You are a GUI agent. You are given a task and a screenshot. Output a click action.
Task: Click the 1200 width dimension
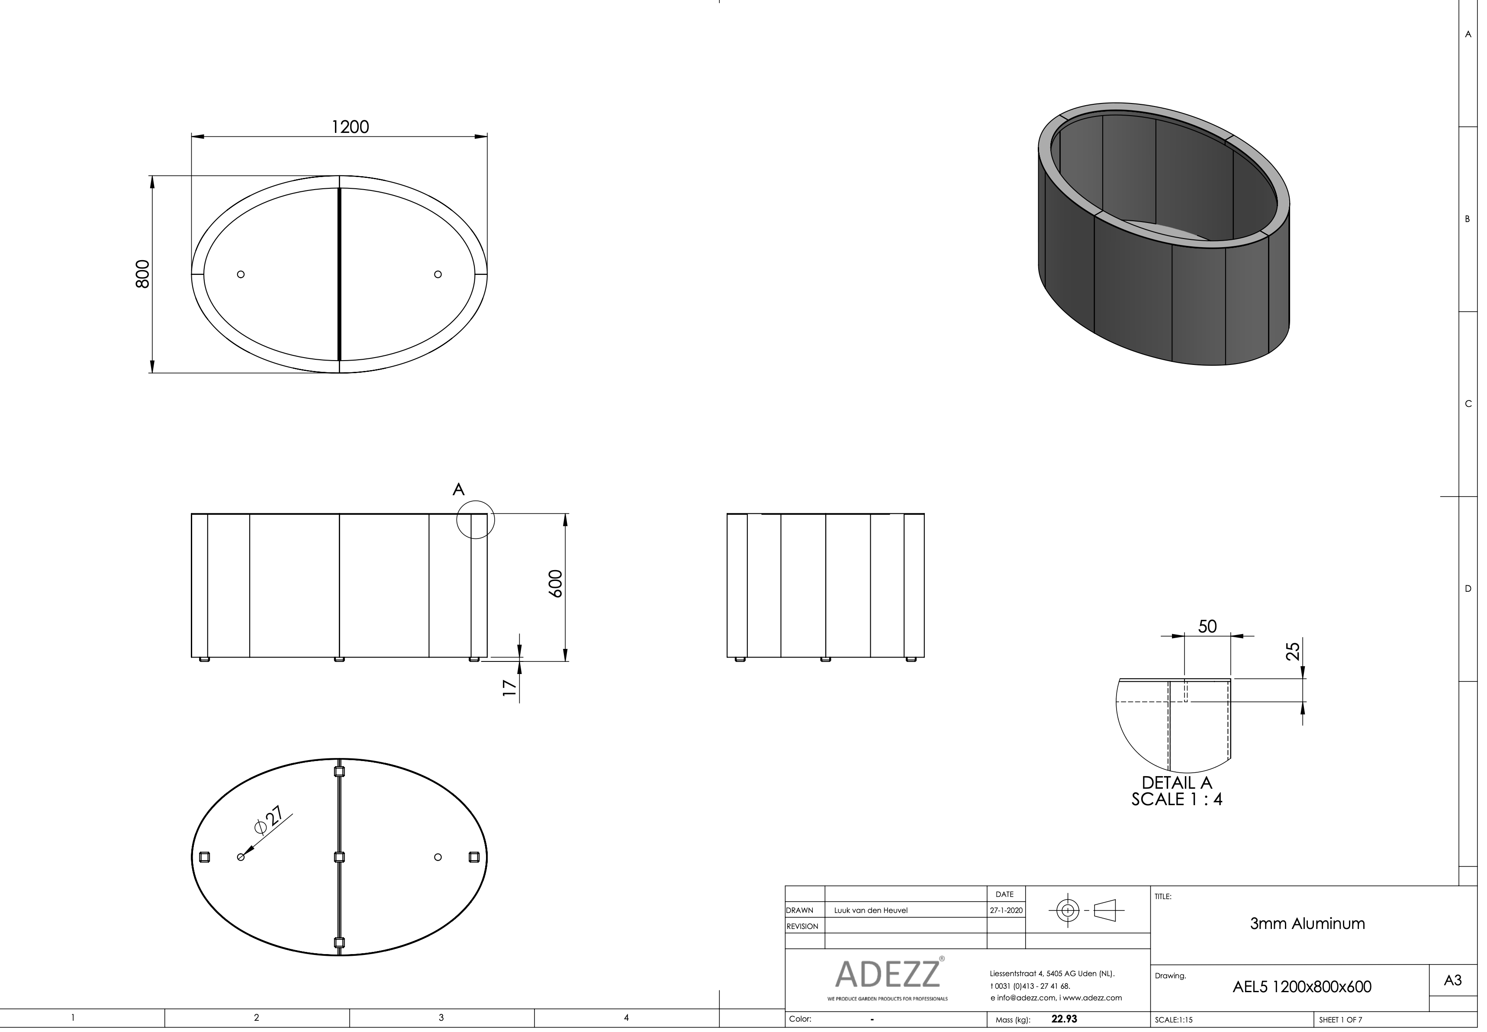click(x=350, y=127)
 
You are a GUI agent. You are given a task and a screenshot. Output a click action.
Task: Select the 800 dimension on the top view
click(x=143, y=274)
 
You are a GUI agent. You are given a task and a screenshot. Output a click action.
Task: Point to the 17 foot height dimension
click(x=510, y=688)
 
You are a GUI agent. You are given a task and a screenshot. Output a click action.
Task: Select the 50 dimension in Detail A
click(x=1207, y=626)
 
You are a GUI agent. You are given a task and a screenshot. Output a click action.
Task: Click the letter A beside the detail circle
click(x=458, y=490)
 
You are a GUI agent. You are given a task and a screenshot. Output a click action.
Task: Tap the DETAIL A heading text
click(x=1177, y=782)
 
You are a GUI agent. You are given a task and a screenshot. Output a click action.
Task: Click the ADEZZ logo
click(x=887, y=974)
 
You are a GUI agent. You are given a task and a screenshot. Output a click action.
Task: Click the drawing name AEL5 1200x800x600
click(x=1301, y=987)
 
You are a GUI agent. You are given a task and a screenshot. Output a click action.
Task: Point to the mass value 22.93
click(x=1064, y=1019)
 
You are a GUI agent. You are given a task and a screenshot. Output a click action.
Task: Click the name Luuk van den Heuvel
click(x=870, y=910)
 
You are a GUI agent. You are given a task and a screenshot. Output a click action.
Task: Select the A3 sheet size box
click(x=1452, y=980)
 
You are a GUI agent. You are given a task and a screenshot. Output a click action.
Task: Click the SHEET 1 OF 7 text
click(x=1340, y=1020)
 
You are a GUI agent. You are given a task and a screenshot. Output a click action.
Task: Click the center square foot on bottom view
click(x=339, y=858)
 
